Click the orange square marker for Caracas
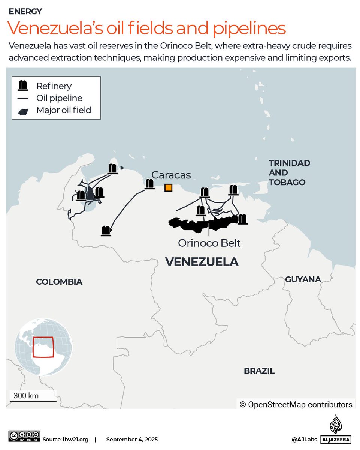168,187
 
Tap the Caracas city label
171,175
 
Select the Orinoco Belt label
209,243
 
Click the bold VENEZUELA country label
202,262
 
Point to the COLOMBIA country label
59,282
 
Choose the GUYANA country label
303,279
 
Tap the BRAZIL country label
259,371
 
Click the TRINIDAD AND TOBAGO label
289,173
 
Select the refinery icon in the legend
23,86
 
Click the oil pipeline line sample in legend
23,98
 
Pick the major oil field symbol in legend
23,111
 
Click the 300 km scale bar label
26,395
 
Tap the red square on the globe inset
43,347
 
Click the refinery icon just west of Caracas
149,184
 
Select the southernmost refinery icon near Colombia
106,231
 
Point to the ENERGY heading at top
25,12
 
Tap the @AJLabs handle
305,439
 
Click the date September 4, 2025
132,439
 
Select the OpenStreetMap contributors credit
296,405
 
